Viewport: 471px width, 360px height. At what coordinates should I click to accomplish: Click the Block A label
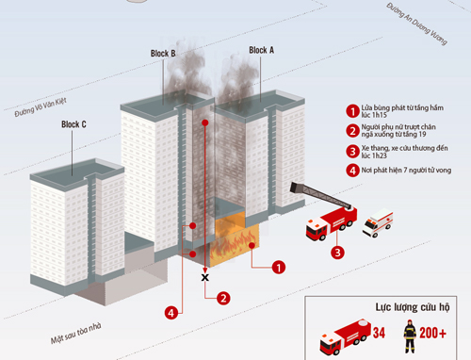coord(261,50)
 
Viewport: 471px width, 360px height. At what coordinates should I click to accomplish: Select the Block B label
coord(163,54)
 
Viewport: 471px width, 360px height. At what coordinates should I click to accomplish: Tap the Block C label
coord(73,124)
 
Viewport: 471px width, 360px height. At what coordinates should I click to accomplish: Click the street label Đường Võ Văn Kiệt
coord(41,107)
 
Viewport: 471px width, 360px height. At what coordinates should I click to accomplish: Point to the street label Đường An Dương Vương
coord(416,24)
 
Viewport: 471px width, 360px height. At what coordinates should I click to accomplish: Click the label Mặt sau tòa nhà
coord(76,334)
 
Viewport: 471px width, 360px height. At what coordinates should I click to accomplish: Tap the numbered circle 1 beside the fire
coord(278,268)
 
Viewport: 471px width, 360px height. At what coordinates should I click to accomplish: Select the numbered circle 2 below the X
coord(223,298)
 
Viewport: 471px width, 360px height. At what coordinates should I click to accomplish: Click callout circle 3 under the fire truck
coord(337,253)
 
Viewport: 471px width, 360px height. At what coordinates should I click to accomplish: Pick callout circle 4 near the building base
coord(171,313)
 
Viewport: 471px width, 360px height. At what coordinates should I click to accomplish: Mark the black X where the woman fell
coord(205,277)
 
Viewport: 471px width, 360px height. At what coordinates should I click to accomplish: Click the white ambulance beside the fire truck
coord(378,222)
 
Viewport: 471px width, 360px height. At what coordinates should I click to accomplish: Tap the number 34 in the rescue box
coord(379,333)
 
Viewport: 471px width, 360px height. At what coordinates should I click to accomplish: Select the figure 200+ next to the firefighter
coord(432,333)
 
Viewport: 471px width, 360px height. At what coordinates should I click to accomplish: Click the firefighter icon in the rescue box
coord(410,336)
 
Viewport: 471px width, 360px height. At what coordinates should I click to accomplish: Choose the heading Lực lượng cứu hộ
coord(413,307)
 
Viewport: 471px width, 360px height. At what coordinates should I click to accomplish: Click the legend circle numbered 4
coord(352,171)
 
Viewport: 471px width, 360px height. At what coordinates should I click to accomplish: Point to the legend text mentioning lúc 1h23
coord(404,152)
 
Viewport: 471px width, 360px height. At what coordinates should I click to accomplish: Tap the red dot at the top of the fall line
coord(205,123)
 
